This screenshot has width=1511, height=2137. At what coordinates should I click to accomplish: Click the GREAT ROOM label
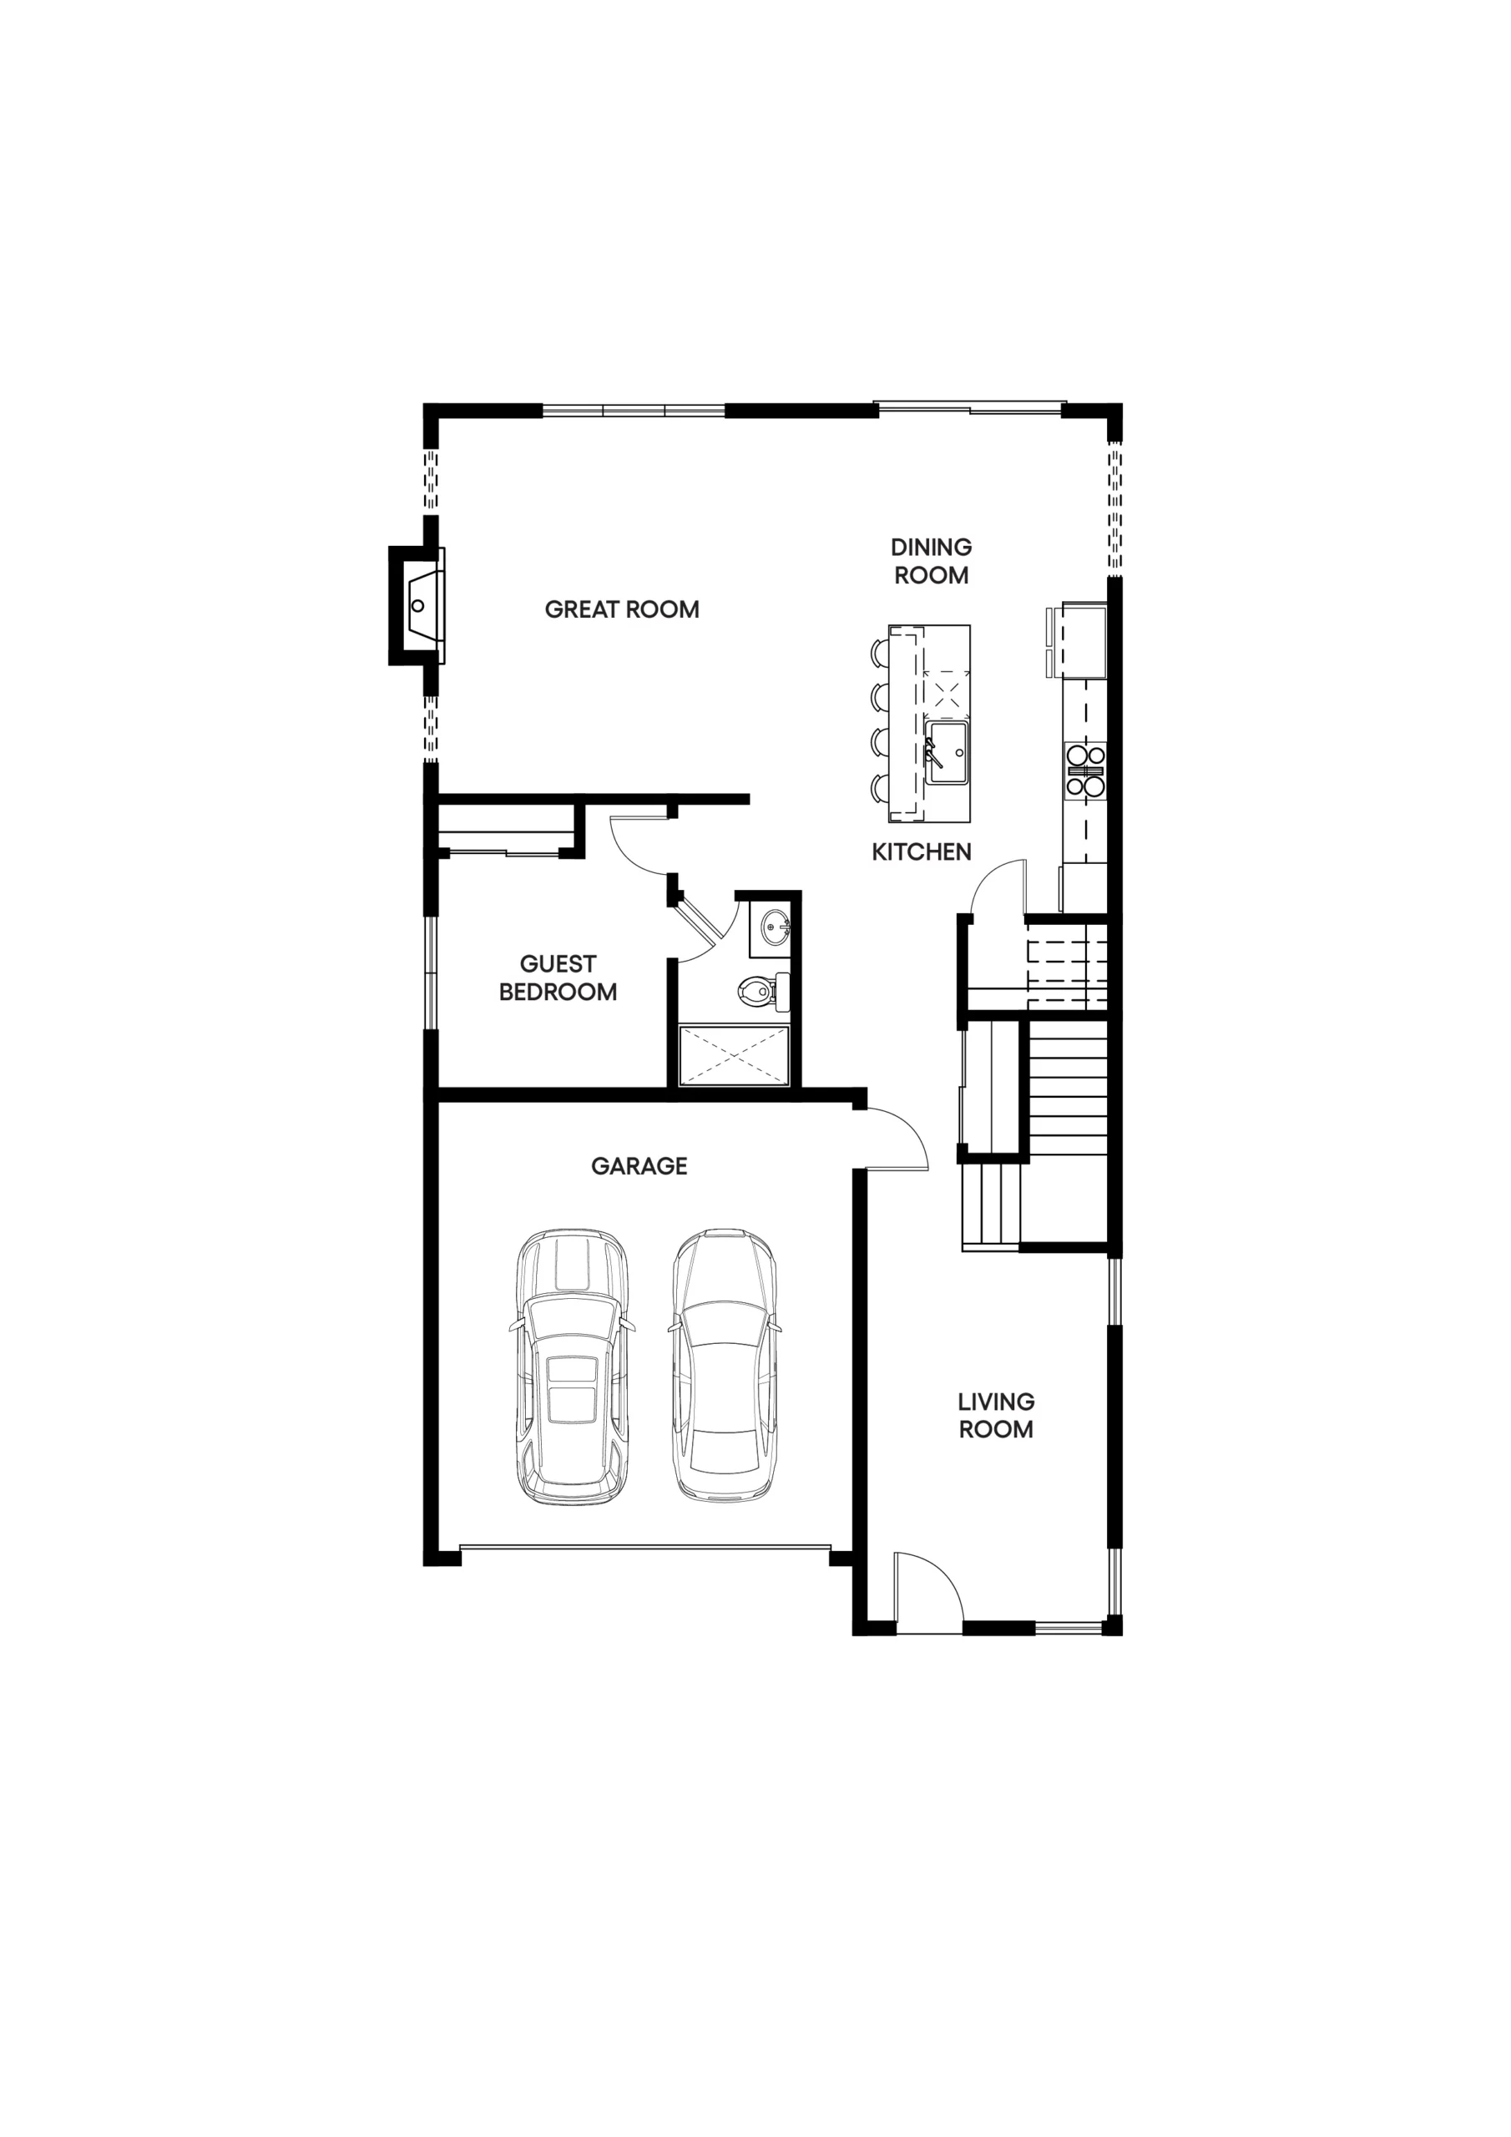tap(622, 609)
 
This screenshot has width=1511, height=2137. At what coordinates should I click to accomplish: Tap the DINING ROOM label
tap(931, 561)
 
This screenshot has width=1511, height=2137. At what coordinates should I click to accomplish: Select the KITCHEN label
tap(922, 851)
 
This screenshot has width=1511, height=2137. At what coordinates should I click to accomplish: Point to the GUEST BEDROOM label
tap(558, 978)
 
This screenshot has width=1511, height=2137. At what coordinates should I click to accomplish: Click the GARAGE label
tap(639, 1166)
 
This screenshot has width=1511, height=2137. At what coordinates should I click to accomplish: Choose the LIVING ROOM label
tap(996, 1416)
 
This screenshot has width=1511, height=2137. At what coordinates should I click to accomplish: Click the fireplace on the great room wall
tap(417, 605)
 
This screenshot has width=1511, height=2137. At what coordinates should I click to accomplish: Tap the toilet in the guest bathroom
tap(763, 990)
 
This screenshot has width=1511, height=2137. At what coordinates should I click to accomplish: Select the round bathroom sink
tap(775, 927)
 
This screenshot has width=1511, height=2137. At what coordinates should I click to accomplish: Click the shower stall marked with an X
tap(735, 1055)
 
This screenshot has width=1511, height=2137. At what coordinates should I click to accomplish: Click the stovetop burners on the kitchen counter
tap(1085, 770)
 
